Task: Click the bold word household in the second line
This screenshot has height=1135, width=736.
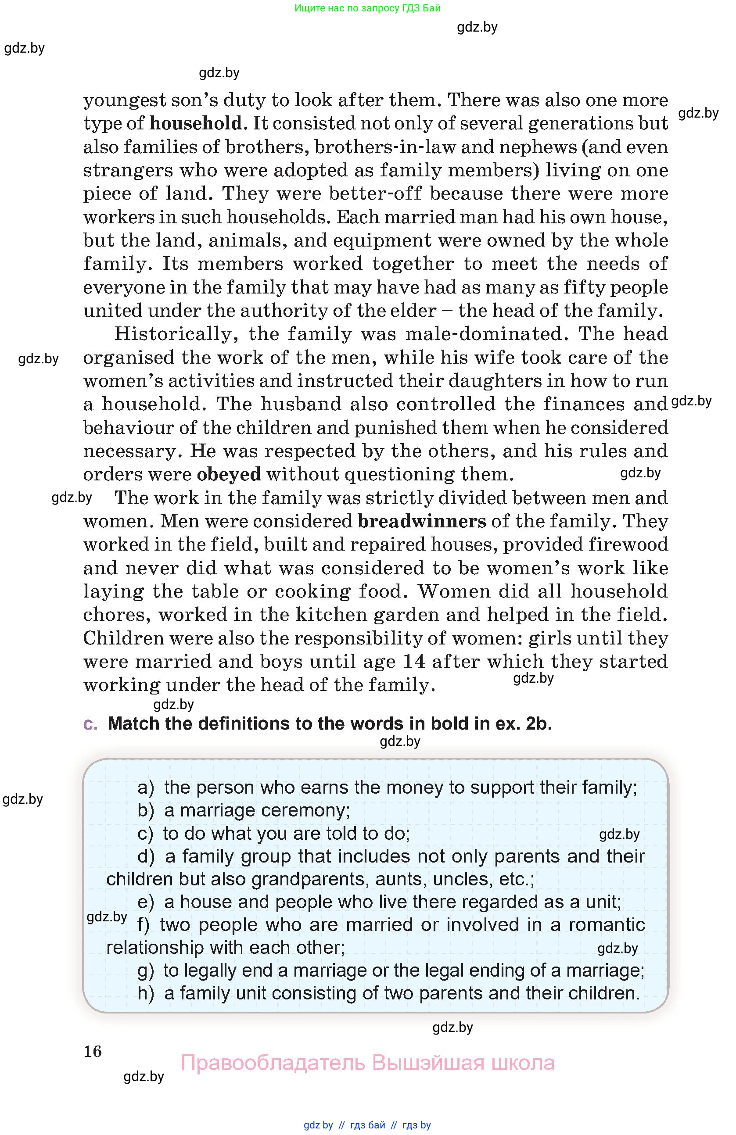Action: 196,124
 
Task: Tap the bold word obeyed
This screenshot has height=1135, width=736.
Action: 229,475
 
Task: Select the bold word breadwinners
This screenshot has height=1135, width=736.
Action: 422,521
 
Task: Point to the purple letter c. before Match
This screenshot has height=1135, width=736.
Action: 90,724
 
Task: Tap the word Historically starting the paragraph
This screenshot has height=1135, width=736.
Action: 176,334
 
